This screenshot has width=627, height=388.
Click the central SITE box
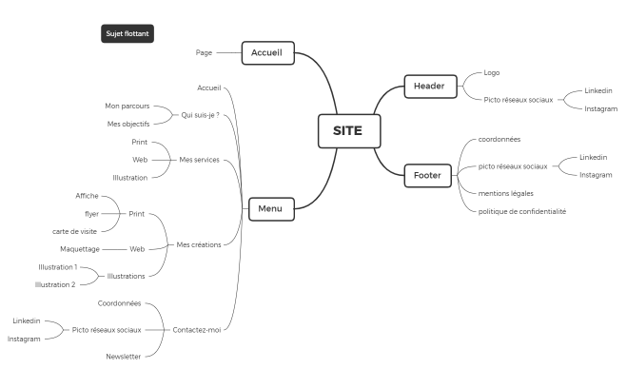point(349,131)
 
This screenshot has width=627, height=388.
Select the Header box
point(430,87)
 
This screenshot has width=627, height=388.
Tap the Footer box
point(427,175)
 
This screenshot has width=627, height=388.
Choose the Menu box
point(271,209)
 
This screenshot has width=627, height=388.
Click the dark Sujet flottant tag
point(127,33)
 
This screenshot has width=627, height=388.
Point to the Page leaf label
point(204,52)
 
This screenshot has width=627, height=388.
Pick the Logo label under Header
point(492,72)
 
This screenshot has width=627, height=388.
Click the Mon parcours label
point(127,106)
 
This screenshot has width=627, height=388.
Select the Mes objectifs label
point(128,125)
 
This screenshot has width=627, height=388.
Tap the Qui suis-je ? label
point(200,115)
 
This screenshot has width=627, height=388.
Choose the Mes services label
point(199,160)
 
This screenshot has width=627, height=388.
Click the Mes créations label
point(199,244)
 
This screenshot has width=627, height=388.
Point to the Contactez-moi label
point(197,330)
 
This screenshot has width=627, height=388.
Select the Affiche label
point(87,196)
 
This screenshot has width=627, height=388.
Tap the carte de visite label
point(74,231)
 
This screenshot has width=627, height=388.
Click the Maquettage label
point(80,249)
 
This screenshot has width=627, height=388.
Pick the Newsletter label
point(123,357)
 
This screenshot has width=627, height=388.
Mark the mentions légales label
point(506,193)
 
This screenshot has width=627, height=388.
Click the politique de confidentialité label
point(522,211)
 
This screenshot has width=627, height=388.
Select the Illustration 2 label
point(55,285)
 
